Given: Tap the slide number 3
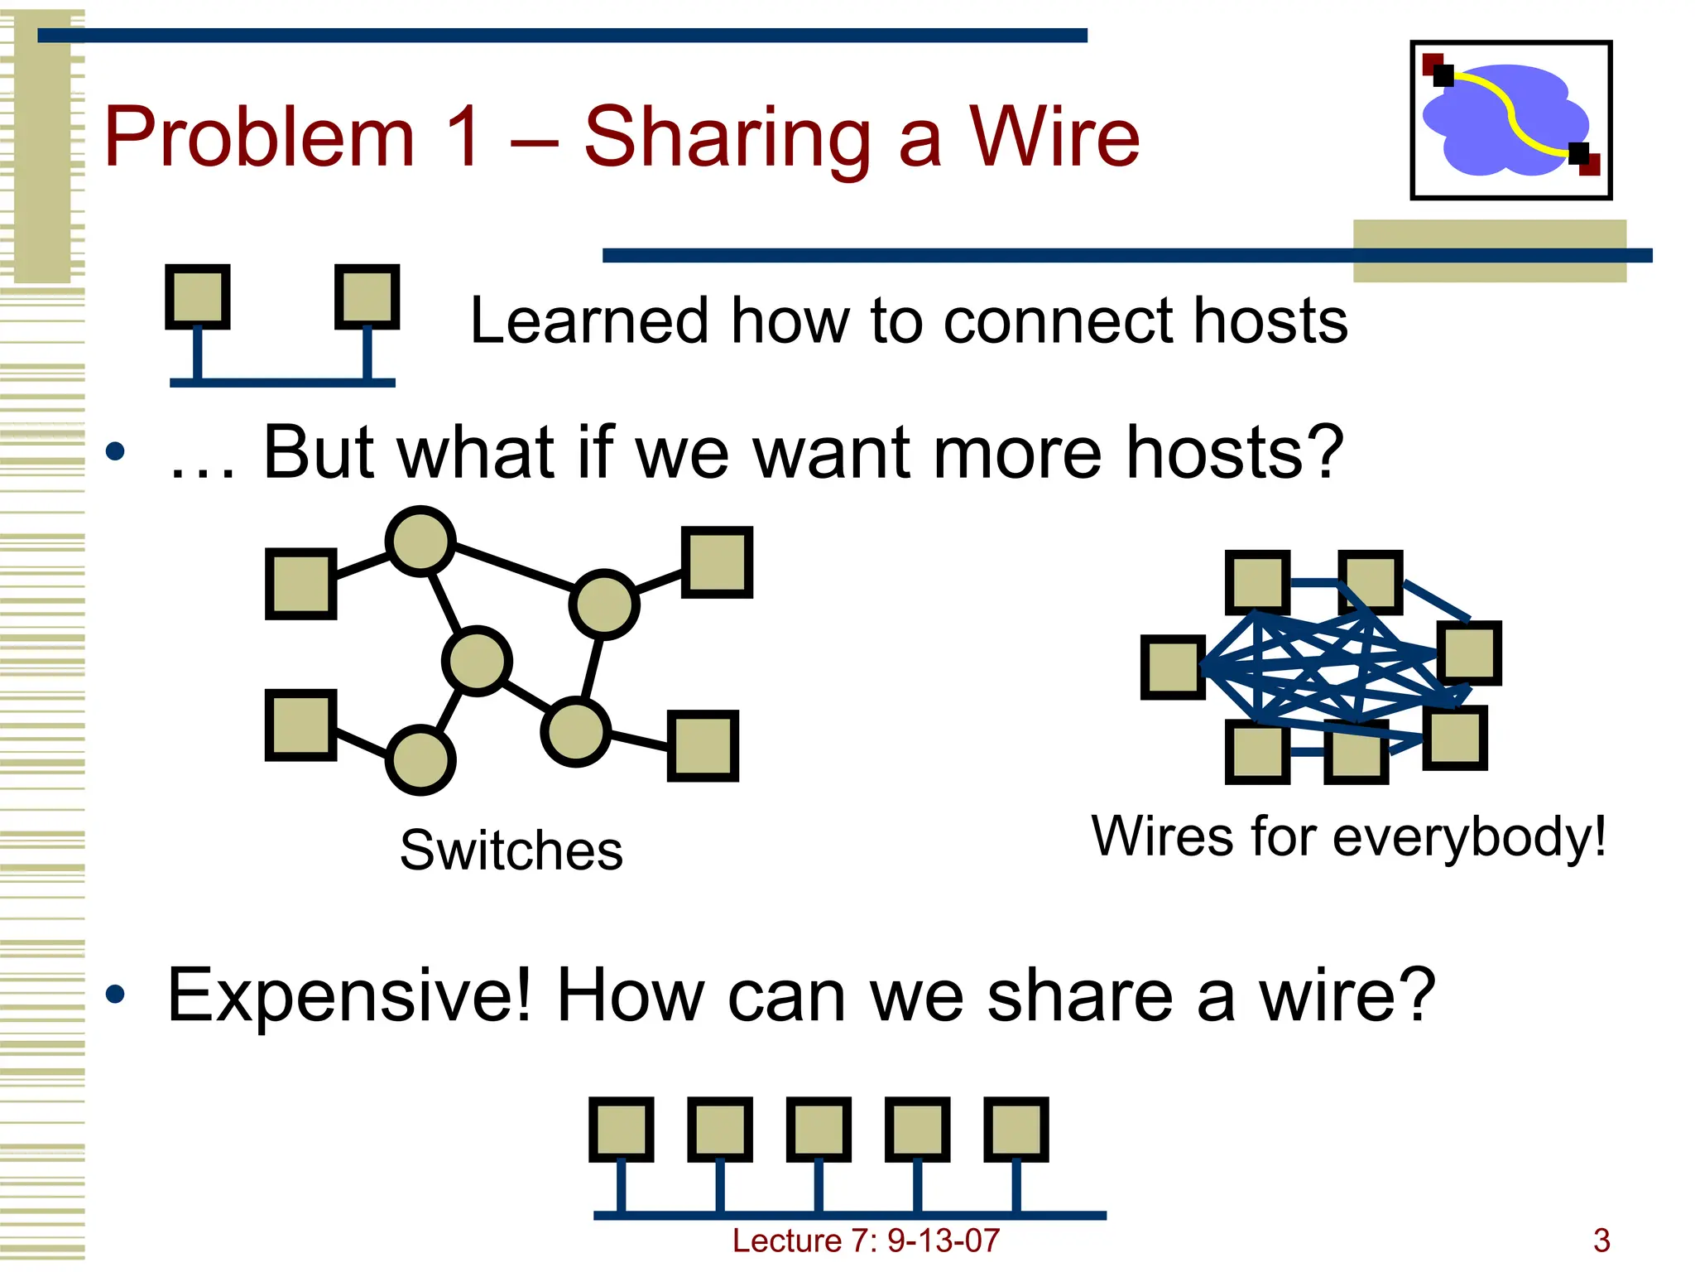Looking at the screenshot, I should coord(1601,1241).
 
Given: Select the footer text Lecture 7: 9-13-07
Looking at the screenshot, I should coord(866,1241).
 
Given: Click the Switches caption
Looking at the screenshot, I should coord(511,850).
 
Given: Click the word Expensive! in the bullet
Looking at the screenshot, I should coord(348,995).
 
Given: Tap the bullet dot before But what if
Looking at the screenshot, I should coord(115,451).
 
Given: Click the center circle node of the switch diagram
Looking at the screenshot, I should coord(477,661).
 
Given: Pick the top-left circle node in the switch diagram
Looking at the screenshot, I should coord(420,542).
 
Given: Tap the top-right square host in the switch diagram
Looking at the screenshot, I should coord(717,562).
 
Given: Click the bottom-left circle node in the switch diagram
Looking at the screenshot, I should coord(420,759).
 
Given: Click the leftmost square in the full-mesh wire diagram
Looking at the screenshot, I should coord(1173,667).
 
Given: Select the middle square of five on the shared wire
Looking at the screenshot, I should coord(819,1130).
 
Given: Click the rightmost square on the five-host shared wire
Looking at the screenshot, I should coord(1016,1130).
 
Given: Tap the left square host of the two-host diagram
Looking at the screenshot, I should coord(197,296).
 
